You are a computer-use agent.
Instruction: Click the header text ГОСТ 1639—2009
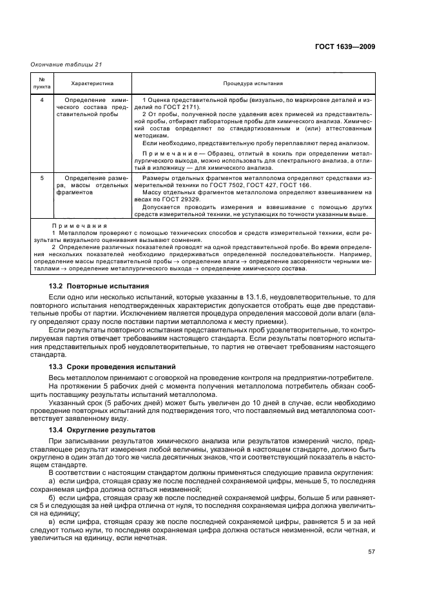(x=345, y=46)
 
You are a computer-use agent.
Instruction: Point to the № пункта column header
(x=42, y=83)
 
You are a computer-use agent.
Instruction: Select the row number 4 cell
(x=42, y=101)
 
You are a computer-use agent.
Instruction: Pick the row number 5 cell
(x=42, y=177)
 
